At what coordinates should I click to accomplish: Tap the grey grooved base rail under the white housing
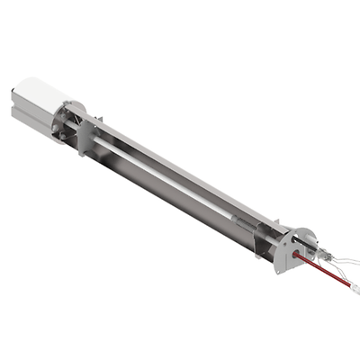coord(36,127)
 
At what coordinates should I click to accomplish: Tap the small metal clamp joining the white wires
coord(335,260)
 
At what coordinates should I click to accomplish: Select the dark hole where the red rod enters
coord(292,255)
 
